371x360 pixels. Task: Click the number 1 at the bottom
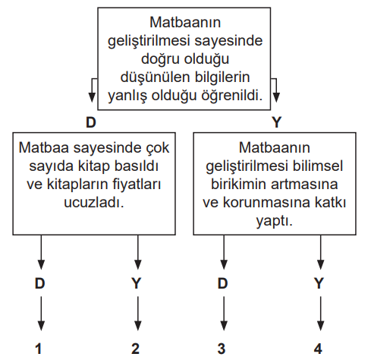[x=39, y=349]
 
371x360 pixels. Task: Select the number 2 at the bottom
[x=135, y=349]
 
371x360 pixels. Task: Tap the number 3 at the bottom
[x=222, y=349]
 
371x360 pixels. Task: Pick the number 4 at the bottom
[x=318, y=349]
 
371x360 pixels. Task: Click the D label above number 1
[x=40, y=283]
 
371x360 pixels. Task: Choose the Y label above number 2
[x=136, y=283]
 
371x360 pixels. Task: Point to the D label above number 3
[x=222, y=283]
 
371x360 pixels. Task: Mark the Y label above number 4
[x=319, y=283]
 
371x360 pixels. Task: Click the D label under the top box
[x=91, y=122]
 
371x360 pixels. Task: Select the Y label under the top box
[x=276, y=122]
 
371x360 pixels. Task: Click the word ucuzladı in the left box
[x=94, y=203]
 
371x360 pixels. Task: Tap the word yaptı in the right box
[x=275, y=222]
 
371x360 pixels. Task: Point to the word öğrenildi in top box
[x=232, y=96]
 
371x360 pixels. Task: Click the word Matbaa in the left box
[x=44, y=147]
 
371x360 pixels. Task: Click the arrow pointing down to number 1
[x=41, y=314]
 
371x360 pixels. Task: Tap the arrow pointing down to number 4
[x=321, y=314]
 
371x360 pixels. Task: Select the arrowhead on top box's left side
[x=92, y=97]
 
